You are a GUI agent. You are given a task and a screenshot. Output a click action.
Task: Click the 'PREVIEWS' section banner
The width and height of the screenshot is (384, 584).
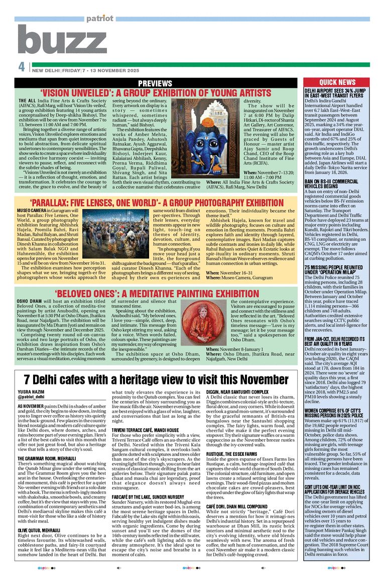click(x=155, y=83)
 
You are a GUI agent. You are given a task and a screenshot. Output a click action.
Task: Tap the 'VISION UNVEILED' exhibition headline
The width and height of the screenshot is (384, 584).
click(x=156, y=93)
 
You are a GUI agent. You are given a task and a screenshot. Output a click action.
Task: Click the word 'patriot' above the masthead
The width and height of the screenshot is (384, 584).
click(x=99, y=19)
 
